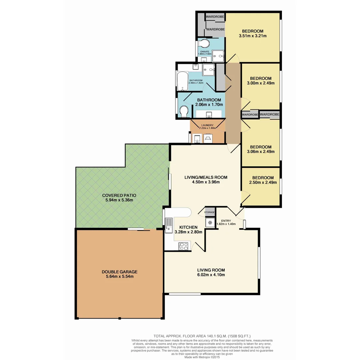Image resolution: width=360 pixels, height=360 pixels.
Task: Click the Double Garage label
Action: [x=119, y=272]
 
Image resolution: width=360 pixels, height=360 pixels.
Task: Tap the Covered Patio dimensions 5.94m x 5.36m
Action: [x=119, y=200]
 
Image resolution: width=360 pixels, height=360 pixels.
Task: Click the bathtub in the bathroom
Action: [x=182, y=81]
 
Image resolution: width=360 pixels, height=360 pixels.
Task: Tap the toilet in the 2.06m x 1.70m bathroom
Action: [x=184, y=111]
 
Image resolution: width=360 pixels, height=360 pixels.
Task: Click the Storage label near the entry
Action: [x=209, y=212]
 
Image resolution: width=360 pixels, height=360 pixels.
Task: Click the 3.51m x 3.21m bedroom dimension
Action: [x=253, y=36]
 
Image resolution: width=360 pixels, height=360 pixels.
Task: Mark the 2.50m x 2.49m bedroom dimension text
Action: [x=263, y=182]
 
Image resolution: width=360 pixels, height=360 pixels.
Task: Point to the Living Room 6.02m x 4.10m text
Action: [x=211, y=275]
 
